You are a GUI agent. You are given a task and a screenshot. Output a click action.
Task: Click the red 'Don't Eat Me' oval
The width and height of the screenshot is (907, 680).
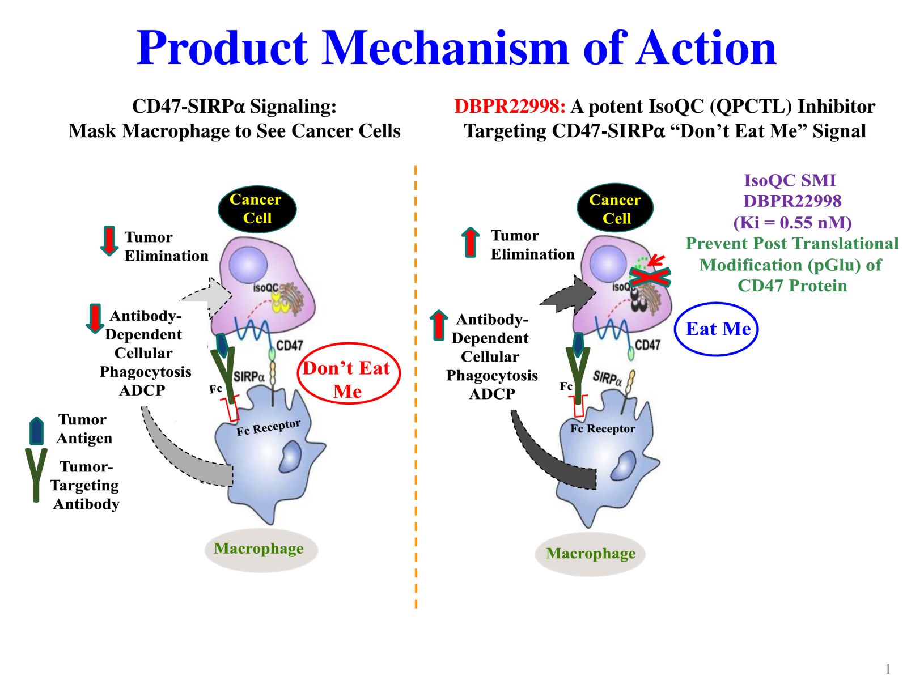[x=348, y=374]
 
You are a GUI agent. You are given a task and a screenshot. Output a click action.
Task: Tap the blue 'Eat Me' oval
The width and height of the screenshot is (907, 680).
[x=717, y=329]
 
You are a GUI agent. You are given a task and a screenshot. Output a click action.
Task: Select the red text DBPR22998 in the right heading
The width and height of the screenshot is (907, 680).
[x=509, y=107]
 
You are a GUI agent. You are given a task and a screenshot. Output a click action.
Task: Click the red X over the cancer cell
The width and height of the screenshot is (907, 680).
[x=651, y=276]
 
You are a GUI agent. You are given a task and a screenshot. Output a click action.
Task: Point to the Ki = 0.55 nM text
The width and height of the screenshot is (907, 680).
[x=792, y=223]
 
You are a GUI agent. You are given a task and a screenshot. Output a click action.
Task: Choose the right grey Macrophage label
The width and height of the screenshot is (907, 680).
[x=590, y=553]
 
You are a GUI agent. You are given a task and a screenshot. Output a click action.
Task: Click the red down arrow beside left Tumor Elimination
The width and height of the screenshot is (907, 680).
[x=108, y=241]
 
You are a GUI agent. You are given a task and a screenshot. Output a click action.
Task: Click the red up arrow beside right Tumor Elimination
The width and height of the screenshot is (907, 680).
[x=470, y=242]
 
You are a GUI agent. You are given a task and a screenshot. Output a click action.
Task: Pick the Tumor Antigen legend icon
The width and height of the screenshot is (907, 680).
[x=36, y=431]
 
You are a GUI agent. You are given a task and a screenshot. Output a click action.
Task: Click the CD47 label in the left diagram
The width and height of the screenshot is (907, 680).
[x=289, y=345]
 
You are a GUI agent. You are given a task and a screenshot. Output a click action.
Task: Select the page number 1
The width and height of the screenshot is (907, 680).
[x=888, y=669]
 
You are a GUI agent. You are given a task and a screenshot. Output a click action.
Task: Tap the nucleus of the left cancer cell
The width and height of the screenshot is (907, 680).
[x=248, y=265]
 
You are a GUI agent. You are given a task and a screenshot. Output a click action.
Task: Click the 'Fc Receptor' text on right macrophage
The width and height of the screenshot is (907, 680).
[x=602, y=429]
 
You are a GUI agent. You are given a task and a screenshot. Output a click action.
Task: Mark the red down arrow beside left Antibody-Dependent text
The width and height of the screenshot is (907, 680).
[x=95, y=318]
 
